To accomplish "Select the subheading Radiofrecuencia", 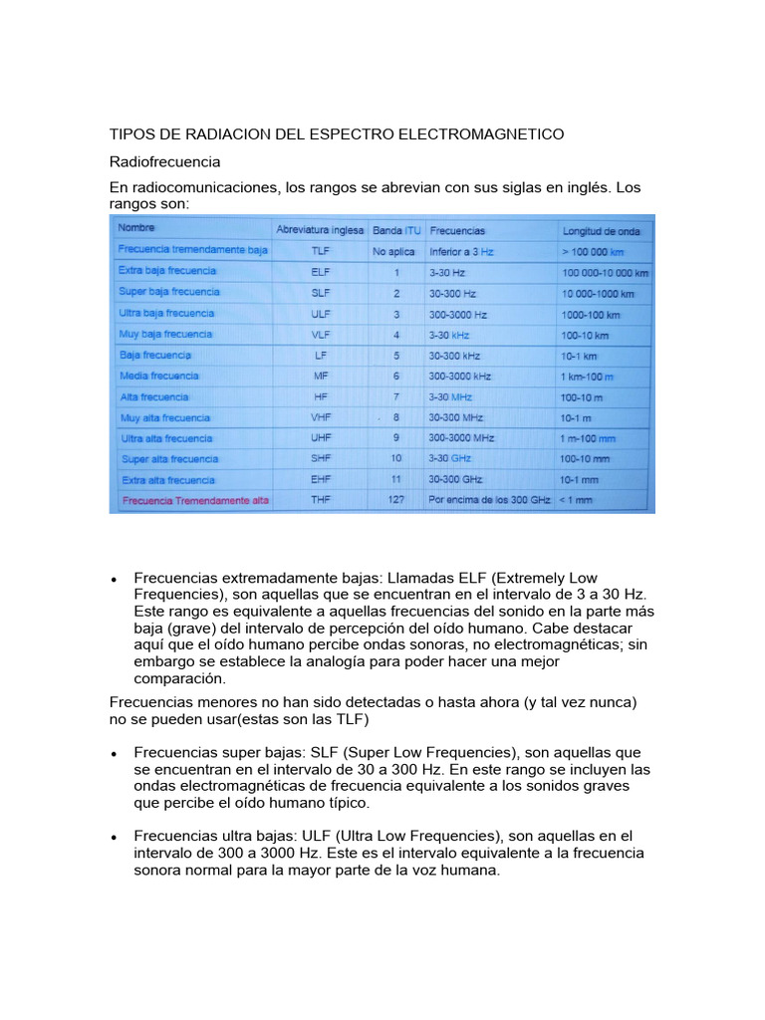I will tap(164, 160).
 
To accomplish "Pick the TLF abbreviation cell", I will tap(320, 251).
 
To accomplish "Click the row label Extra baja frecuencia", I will tap(167, 271).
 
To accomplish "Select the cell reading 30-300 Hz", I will tap(451, 293).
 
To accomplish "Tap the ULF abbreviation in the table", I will tap(320, 314).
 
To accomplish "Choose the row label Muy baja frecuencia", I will tap(165, 335).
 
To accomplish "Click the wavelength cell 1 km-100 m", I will tap(588, 376).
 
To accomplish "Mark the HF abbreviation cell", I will tap(320, 396).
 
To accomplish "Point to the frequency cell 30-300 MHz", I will tap(456, 417).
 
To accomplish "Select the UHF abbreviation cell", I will tap(320, 438).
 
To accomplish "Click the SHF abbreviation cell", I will tap(320, 459).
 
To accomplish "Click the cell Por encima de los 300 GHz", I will tap(488, 500).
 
